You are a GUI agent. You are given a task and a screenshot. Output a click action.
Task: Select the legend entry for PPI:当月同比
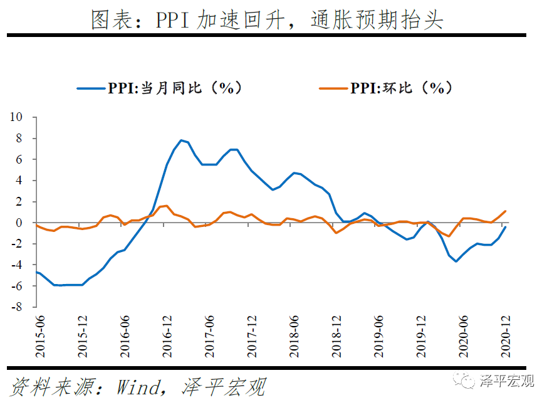coord(159,88)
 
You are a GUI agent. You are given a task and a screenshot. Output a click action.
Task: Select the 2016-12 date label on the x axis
coord(167,336)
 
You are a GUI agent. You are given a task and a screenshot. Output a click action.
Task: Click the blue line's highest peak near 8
coord(181,140)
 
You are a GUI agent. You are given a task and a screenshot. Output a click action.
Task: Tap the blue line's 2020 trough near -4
coord(456,261)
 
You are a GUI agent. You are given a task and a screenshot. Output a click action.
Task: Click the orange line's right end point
coord(506,211)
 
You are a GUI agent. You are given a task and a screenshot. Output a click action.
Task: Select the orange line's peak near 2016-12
coord(167,206)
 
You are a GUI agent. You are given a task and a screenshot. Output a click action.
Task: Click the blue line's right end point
coord(506,228)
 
